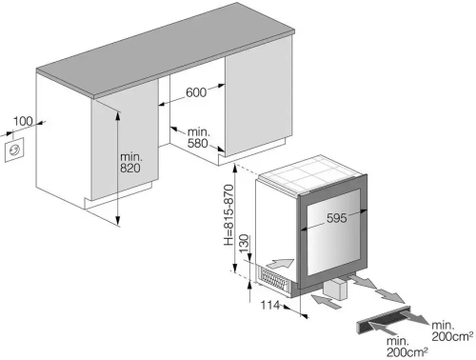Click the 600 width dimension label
coord(196,92)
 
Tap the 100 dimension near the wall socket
coord(23,121)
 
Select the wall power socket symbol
coord(14,150)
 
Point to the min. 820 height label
coord(131,162)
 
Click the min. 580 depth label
coord(198,137)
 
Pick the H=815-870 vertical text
coord(228,215)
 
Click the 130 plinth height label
coord(244,243)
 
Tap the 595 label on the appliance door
coord(337,218)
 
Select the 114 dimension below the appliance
coord(270,305)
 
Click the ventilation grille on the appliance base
coord(273,279)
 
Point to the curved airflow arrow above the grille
coord(281,264)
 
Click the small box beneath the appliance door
coord(335,288)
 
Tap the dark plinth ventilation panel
coord(384,320)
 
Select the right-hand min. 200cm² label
coord(452,330)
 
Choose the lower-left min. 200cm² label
coord(407,347)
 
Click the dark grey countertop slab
coord(165,50)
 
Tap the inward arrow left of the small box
coord(327,302)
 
